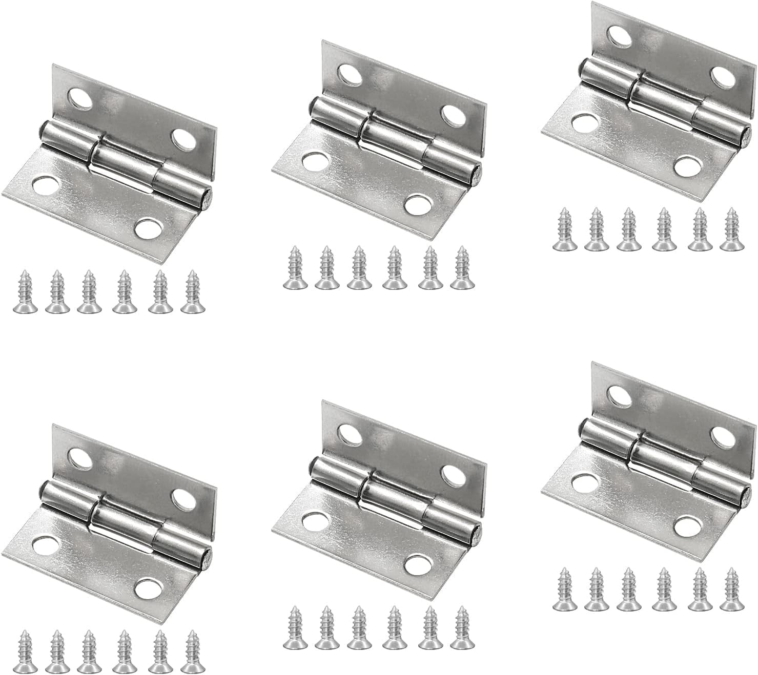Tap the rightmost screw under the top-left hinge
coord(192,292)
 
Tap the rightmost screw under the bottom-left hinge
coord(192,651)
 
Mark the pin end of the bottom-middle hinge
coord(476,532)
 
